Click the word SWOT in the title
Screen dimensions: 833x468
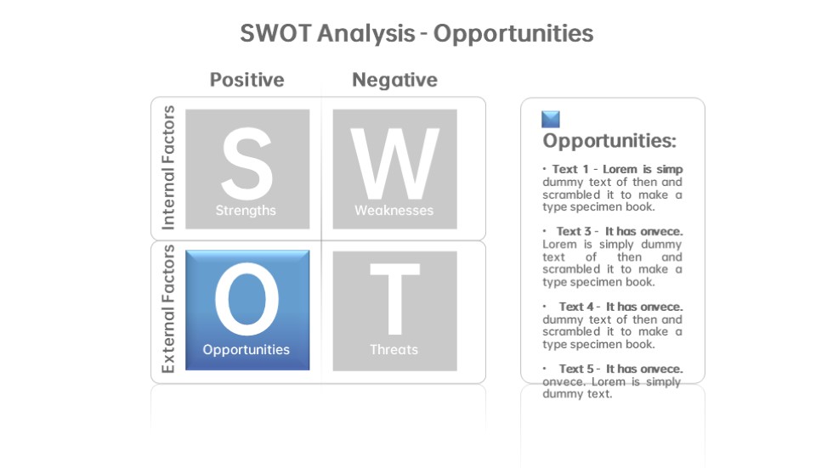(x=275, y=33)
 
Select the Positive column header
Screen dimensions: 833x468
(x=247, y=80)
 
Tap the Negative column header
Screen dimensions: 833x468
(x=394, y=80)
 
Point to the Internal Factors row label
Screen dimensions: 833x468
(x=168, y=167)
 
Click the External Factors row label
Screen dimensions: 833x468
(x=168, y=309)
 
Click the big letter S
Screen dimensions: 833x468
(x=247, y=163)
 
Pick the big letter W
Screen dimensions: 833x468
(x=394, y=163)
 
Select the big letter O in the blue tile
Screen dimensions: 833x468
(x=247, y=300)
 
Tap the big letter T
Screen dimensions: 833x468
(x=394, y=299)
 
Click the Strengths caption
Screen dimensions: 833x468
(x=246, y=211)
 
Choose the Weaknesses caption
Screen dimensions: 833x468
(x=394, y=210)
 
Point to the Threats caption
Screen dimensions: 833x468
(x=394, y=349)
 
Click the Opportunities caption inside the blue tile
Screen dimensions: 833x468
(x=246, y=350)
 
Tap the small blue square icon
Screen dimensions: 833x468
(x=551, y=120)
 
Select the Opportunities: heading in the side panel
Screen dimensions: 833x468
(x=609, y=141)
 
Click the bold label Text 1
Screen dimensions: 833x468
(x=570, y=169)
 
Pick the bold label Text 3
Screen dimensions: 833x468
(x=574, y=231)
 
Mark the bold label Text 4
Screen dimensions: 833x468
(x=576, y=307)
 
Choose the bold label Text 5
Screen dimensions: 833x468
(x=576, y=369)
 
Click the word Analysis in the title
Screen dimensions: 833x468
(x=366, y=33)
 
